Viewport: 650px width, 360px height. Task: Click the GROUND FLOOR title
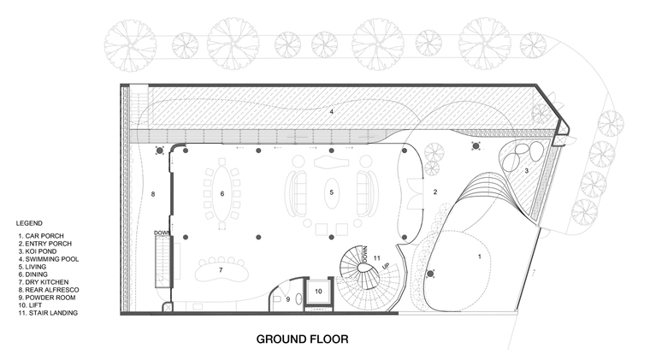[x=302, y=339]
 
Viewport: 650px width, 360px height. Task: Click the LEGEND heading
[x=29, y=223]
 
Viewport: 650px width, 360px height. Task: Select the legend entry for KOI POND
[x=38, y=251]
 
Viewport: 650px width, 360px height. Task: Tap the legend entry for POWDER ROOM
[x=47, y=298]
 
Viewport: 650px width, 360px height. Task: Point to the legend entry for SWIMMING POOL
[x=49, y=259]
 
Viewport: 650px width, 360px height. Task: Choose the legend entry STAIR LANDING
[x=48, y=313]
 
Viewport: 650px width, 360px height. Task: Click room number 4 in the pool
[x=332, y=111]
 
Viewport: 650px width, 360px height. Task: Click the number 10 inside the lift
[x=318, y=292]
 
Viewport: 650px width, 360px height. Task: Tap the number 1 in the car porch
[x=480, y=257]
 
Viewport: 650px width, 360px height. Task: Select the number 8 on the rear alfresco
[x=153, y=194]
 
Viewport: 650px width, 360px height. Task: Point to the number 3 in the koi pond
[x=527, y=170]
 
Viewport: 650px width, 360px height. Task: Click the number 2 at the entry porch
[x=435, y=192]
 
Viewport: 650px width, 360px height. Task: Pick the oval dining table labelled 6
[x=222, y=193]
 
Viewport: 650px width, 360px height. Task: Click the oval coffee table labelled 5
[x=332, y=192]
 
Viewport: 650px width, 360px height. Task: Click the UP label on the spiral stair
[x=386, y=266]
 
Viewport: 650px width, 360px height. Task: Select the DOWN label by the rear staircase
[x=162, y=233]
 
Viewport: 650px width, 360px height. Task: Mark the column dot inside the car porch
[x=430, y=274]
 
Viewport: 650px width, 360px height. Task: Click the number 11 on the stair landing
[x=377, y=258]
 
